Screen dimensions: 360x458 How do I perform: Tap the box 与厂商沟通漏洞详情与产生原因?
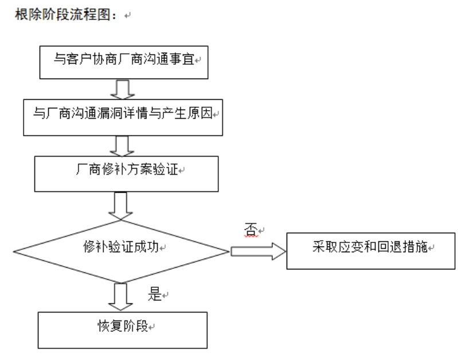pyautogui.click(x=123, y=114)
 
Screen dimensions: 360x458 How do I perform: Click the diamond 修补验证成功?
pyautogui.click(x=121, y=251)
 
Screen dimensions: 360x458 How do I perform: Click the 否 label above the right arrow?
pyautogui.click(x=250, y=229)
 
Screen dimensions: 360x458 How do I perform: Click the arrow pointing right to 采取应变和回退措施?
pyautogui.click(x=258, y=251)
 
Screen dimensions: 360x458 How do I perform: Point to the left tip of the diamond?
pyautogui.click(x=15, y=251)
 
